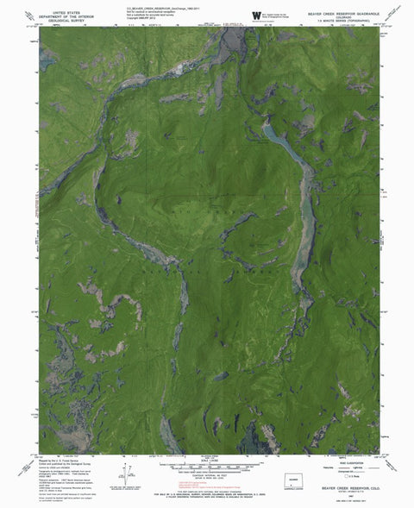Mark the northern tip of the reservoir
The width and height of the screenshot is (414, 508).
(x=266, y=127)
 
